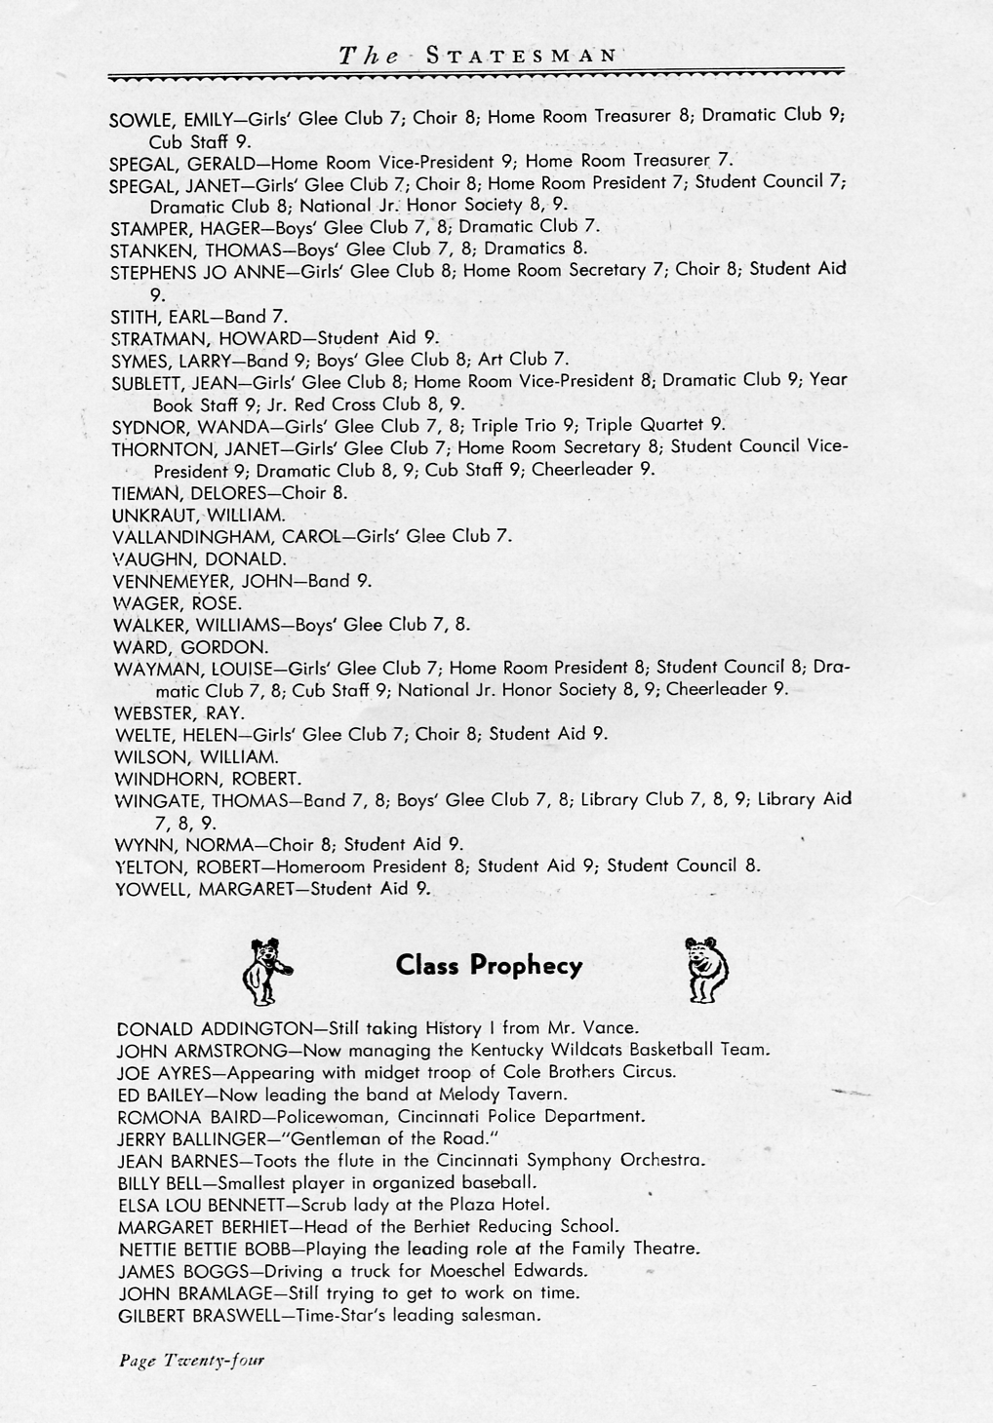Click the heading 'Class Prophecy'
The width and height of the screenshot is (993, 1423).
(x=489, y=966)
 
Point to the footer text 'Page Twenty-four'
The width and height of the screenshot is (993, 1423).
(x=191, y=1360)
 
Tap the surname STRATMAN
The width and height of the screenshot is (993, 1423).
(x=158, y=338)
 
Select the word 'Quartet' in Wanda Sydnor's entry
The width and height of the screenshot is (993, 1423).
(x=673, y=425)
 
